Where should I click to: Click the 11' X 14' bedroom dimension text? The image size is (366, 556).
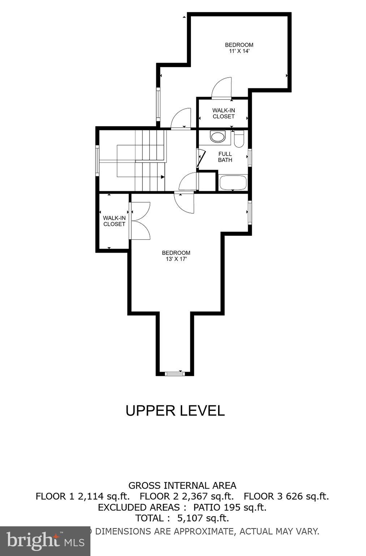[x=239, y=51]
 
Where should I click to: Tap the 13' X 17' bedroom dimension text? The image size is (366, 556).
[x=176, y=259]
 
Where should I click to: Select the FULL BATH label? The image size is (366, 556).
[x=225, y=157]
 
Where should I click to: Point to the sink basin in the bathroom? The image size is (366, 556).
[x=217, y=136]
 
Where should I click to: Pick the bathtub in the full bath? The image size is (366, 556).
[x=233, y=182]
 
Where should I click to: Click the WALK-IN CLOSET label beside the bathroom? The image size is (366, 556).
[x=224, y=113]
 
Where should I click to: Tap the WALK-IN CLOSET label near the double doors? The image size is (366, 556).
[x=114, y=221]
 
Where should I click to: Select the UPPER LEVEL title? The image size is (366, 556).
[x=175, y=410]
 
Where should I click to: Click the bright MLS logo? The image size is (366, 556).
[x=45, y=541]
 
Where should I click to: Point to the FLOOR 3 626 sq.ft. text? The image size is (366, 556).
[x=286, y=496]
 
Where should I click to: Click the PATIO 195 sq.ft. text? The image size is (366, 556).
[x=230, y=507]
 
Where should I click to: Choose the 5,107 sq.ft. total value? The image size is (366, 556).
[x=203, y=518]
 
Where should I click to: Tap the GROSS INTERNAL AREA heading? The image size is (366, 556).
[x=182, y=485]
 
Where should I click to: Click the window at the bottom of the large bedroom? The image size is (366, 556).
[x=175, y=373]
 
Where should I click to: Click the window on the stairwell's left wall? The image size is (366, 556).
[x=97, y=160]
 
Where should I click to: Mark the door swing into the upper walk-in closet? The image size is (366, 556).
[x=221, y=89]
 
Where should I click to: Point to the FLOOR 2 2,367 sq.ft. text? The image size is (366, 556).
[x=187, y=496]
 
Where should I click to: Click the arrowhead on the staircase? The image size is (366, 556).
[x=163, y=177]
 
